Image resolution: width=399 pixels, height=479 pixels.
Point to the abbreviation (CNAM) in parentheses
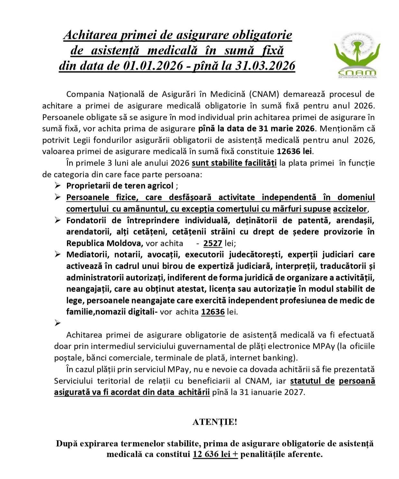265,94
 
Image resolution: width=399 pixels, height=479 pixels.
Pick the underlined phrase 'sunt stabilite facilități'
234,163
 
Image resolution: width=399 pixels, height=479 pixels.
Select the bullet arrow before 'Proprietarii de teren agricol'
58,185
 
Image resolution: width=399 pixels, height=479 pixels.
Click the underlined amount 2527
213,243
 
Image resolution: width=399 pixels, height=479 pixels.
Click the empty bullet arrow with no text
58,323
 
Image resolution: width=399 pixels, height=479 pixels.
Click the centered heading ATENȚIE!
215,422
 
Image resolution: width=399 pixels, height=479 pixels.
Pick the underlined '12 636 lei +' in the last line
215,454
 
